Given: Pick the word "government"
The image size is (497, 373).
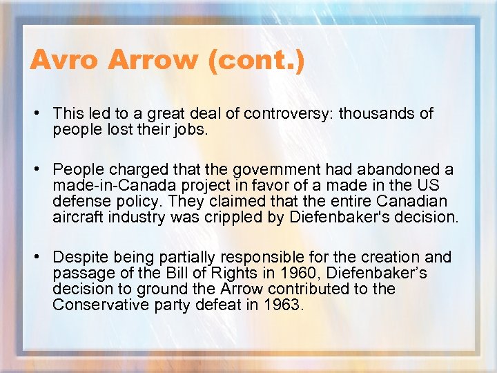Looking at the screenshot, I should [x=252, y=169].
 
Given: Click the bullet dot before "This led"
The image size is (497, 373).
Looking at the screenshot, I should [x=43, y=113].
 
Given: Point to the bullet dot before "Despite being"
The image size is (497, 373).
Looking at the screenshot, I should [x=43, y=258].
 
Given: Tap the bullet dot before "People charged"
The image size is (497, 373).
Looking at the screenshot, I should [x=43, y=169].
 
